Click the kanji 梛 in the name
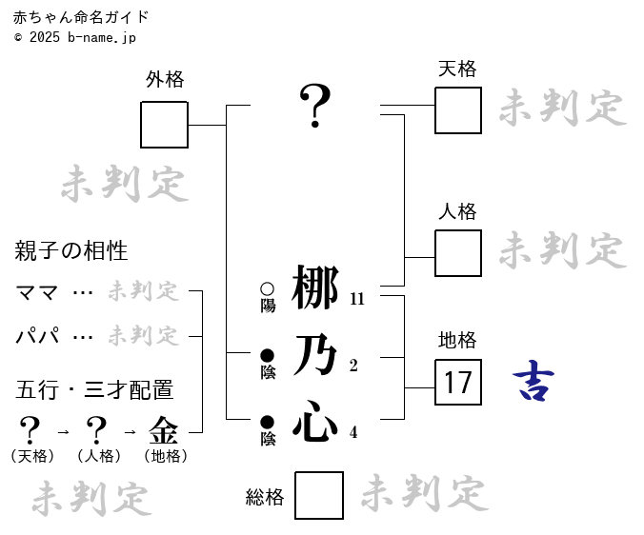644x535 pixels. click(315, 288)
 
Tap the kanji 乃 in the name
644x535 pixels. click(315, 355)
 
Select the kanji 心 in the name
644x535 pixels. click(315, 422)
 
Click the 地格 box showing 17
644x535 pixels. click(458, 383)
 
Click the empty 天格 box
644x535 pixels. click(458, 110)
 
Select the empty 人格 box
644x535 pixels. click(458, 253)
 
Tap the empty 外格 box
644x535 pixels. click(165, 125)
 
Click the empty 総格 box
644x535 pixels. click(319, 495)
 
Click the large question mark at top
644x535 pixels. click(315, 106)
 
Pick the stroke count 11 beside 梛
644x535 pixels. click(357, 299)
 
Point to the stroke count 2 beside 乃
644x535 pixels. click(353, 366)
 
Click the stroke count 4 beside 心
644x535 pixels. click(353, 432)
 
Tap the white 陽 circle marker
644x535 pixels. click(268, 288)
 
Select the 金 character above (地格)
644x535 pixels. click(164, 430)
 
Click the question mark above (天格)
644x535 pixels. click(30, 430)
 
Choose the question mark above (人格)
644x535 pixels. click(96, 430)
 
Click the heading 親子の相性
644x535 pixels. click(71, 251)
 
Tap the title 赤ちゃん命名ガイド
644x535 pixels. click(82, 18)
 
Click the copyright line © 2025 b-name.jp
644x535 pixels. click(75, 37)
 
